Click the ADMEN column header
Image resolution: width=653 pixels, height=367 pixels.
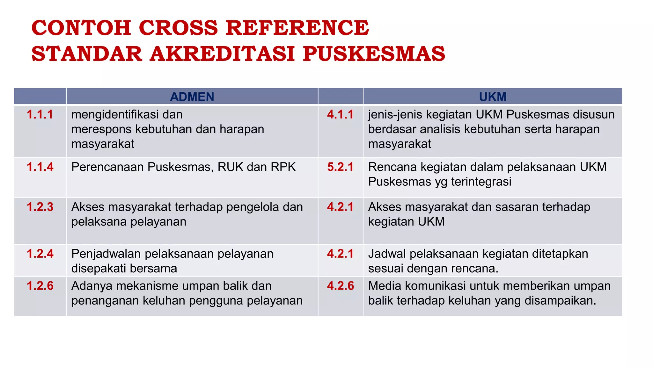tap(192, 97)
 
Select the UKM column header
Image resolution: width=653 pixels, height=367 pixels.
tap(493, 97)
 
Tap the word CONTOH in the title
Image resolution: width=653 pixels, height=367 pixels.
tap(81, 28)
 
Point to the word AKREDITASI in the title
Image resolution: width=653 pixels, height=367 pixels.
tap(222, 54)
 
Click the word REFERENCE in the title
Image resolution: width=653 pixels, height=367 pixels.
tap(297, 28)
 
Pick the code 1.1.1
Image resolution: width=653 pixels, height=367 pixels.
tap(40, 115)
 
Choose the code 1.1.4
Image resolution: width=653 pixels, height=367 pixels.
tap(40, 167)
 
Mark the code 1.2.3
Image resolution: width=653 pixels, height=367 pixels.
tap(40, 207)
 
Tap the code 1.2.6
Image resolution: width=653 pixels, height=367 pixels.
tap(40, 286)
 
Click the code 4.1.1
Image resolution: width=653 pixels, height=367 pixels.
tap(340, 115)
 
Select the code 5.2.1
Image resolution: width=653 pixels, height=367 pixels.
tap(340, 167)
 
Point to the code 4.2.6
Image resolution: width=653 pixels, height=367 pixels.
tap(340, 286)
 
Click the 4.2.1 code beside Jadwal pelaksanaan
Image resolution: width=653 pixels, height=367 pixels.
tap(340, 254)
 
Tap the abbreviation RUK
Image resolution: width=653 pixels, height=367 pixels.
tap(231, 167)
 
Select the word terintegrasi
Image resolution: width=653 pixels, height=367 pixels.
tap(481, 182)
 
